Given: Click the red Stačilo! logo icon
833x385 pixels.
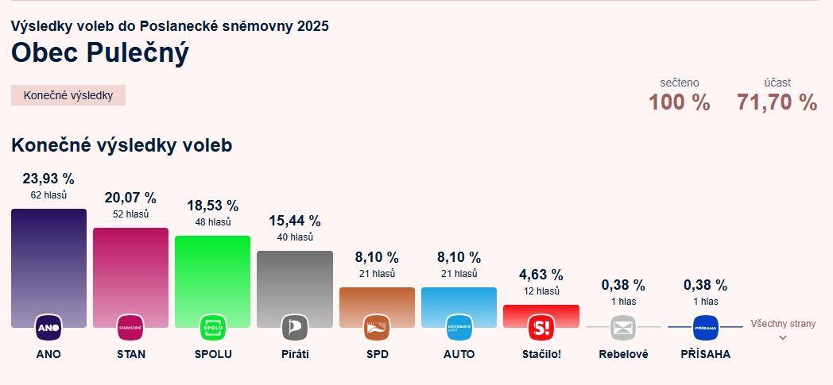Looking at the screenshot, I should click(x=540, y=327).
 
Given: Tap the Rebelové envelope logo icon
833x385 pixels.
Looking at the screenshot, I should click(x=623, y=327).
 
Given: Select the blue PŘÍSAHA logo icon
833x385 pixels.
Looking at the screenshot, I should click(x=705, y=327).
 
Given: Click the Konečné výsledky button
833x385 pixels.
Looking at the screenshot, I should click(x=68, y=95).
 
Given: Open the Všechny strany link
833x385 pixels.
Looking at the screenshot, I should click(x=782, y=324).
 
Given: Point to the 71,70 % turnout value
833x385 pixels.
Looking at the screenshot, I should click(x=777, y=102).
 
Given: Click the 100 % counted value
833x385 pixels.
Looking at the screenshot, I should click(x=679, y=102).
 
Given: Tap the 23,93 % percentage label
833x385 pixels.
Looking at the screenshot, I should click(x=48, y=179).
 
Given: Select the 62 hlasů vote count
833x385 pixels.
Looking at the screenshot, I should click(x=48, y=194).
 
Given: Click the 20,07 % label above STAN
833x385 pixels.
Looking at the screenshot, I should click(x=130, y=198).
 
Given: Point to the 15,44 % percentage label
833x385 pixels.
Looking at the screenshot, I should click(x=294, y=221).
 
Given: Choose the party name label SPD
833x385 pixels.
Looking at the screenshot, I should click(x=377, y=354).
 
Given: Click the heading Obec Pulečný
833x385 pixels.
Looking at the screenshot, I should click(x=100, y=52).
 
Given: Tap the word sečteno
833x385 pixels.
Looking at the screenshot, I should click(x=679, y=83).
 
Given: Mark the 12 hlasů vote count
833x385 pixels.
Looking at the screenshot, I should click(x=540, y=291).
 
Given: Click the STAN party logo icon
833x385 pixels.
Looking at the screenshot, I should click(x=130, y=327).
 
